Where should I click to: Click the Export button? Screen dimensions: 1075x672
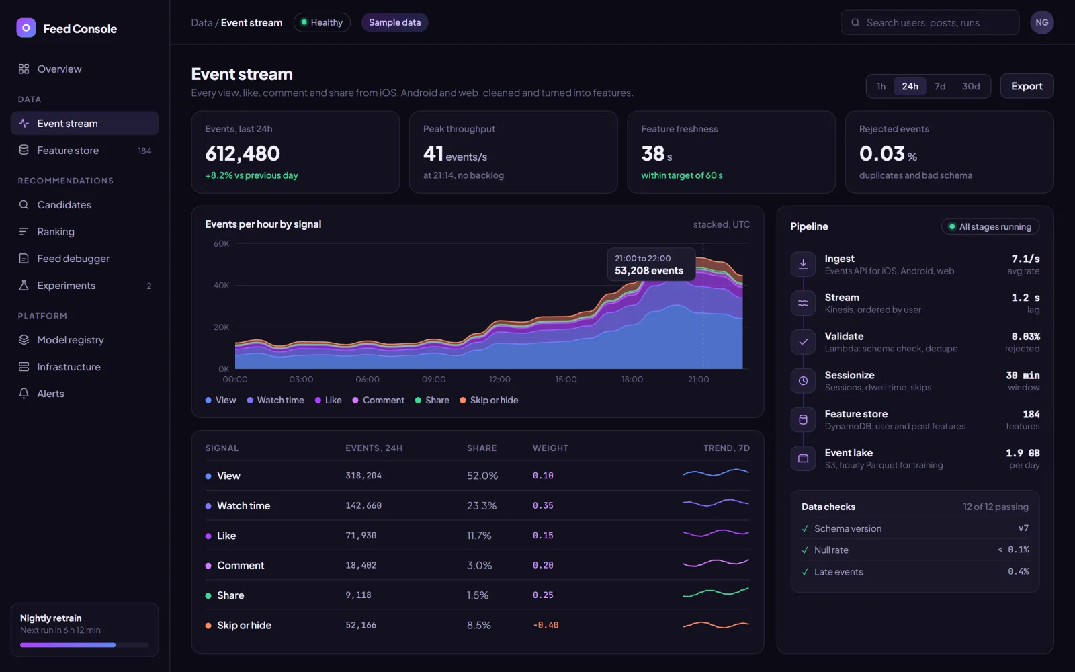1027,86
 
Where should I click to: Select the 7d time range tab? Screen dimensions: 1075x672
940,86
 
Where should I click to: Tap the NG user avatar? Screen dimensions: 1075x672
1041,22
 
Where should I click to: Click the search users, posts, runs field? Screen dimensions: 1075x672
930,22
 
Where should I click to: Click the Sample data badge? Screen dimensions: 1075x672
394,22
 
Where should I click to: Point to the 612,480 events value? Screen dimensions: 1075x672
243,154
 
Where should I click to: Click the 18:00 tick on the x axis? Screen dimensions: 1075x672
632,379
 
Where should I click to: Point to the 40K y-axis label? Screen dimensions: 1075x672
221,285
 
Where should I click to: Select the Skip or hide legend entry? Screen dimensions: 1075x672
489,400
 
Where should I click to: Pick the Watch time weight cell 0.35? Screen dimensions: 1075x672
543,505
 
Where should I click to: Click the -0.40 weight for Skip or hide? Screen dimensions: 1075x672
546,625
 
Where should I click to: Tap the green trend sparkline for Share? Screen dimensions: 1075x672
716,592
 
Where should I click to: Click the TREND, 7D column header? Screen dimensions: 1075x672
726,448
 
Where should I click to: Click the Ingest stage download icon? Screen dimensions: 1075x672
803,264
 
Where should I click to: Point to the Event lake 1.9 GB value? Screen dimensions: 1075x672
1023,453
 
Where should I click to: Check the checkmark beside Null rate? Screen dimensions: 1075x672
805,550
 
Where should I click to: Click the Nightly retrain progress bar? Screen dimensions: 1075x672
85,645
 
